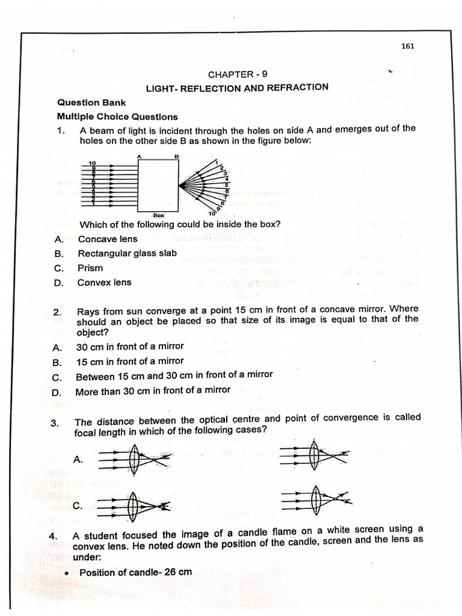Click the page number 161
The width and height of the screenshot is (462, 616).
(x=408, y=46)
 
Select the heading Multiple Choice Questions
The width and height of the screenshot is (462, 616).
(x=117, y=117)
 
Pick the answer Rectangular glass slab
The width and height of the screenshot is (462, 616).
(x=127, y=253)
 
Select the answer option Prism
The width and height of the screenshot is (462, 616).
(x=90, y=268)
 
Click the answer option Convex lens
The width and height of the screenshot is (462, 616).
(x=104, y=282)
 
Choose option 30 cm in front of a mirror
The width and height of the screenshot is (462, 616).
(x=130, y=346)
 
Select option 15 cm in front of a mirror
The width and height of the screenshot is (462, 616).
(x=130, y=361)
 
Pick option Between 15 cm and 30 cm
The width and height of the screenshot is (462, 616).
(x=174, y=375)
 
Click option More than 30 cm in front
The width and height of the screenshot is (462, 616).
(x=153, y=390)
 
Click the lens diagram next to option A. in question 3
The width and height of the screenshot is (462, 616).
(x=134, y=458)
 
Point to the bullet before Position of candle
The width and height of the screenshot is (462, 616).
(x=67, y=573)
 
